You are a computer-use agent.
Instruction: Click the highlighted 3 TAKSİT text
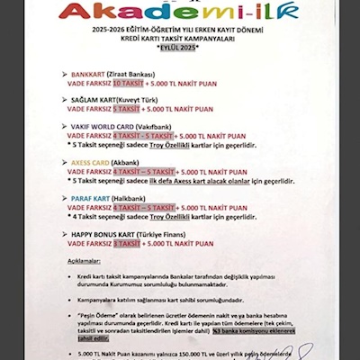point(128,242)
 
